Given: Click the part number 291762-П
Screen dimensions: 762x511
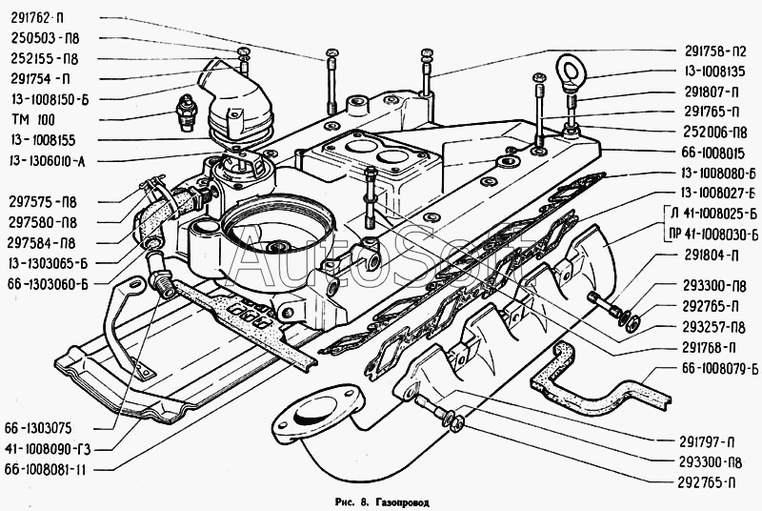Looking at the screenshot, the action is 37,18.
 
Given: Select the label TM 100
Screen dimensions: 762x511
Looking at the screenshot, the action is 32,119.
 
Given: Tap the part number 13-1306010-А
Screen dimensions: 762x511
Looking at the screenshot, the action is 47,161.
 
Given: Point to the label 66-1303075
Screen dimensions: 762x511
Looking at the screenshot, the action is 38,428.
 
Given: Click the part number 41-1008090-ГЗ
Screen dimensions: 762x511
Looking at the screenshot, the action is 48,449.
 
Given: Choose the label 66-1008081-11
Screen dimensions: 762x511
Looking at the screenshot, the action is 45,470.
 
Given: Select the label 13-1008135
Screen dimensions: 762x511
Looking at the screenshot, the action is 715,72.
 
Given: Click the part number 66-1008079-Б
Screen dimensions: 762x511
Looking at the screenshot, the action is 720,369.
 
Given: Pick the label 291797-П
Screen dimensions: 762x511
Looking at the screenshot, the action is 706,442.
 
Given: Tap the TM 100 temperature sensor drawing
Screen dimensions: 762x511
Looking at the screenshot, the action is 185,112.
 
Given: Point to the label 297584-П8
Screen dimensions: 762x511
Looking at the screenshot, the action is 42,243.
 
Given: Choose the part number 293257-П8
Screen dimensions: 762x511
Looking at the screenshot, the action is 713,327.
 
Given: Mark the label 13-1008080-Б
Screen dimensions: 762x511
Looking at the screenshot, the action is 718,174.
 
